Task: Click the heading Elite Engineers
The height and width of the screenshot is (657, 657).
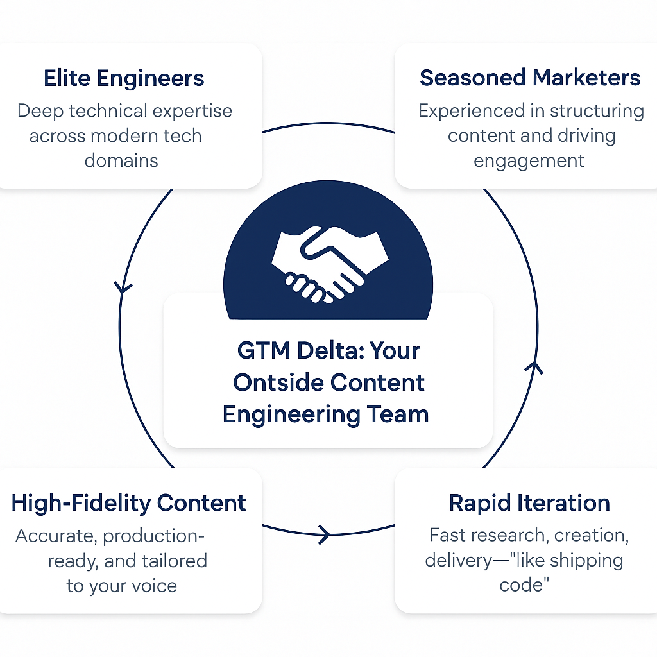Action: coord(124,78)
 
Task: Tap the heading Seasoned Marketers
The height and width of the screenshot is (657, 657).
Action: coord(530,78)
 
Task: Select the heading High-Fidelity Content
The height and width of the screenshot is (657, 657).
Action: coord(128,503)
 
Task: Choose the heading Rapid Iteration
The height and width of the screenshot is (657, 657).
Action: coord(529,503)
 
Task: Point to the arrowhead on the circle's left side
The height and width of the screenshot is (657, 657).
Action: coord(123,287)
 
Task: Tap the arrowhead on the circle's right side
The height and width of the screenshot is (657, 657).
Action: coord(534,368)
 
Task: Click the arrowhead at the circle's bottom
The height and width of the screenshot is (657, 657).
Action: coord(325,534)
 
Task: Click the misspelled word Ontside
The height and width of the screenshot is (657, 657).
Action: coord(278,382)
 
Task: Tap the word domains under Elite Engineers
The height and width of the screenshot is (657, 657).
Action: coord(121,160)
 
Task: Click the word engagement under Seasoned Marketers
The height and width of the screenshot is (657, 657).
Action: coord(529,161)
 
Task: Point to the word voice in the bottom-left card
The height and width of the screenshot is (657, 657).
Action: coord(154,586)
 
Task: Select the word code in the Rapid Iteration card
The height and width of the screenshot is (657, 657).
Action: coord(524,585)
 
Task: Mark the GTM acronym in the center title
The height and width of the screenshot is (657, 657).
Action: coord(264,350)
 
